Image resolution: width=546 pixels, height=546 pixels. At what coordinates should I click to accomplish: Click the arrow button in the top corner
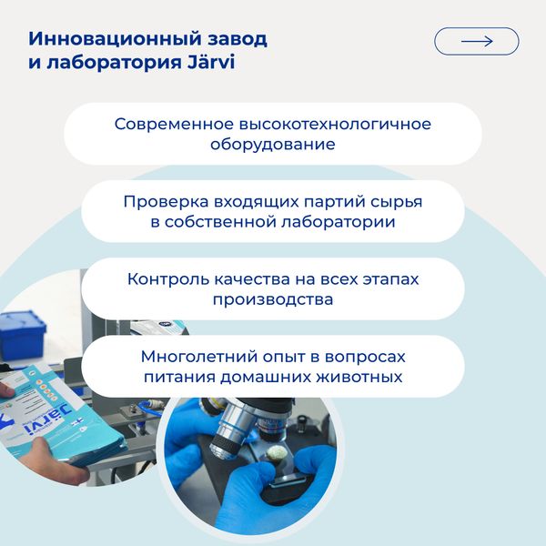[x=476, y=41]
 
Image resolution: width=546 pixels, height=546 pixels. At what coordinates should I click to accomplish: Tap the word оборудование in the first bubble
[x=273, y=144]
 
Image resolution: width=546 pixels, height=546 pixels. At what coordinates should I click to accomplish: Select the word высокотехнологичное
[x=338, y=123]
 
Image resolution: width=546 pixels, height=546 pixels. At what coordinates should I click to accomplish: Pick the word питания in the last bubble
[x=175, y=376]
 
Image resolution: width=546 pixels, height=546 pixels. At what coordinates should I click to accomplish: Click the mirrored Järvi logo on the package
[x=38, y=428]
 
